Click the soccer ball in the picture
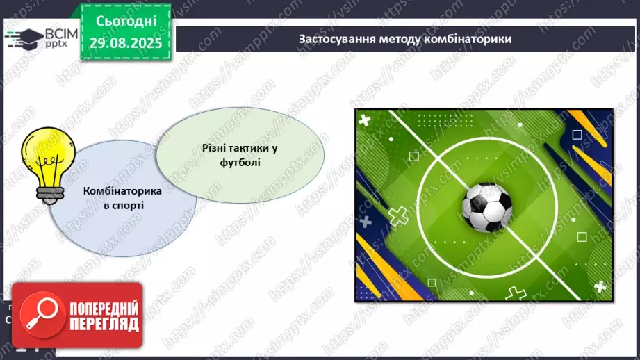tap(487, 207)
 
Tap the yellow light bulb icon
tap(44, 161)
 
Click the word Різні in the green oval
tap(216, 147)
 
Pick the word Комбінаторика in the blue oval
tap(122, 191)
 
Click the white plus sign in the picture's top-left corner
tap(366, 120)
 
